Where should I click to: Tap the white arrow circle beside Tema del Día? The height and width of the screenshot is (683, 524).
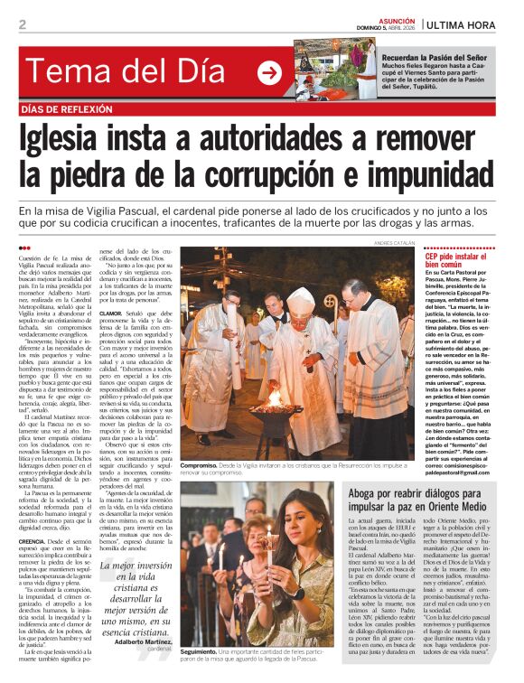point(269,72)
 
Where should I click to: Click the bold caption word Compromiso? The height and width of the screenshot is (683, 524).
point(202,464)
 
